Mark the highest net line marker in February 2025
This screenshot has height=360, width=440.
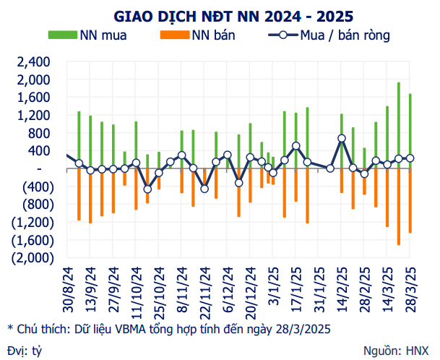(342, 138)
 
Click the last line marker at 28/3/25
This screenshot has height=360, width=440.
(410, 158)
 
